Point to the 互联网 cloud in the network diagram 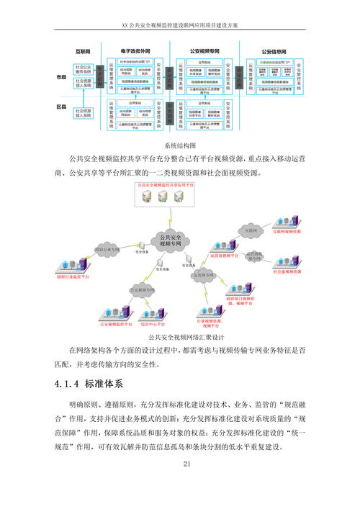(x=251, y=230)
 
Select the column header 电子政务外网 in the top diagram (x=135, y=53)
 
